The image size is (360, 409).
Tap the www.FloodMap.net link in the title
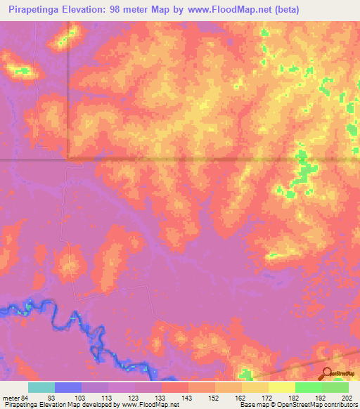[229, 10]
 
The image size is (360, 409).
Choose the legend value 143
[188, 398]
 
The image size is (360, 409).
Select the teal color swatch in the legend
[41, 387]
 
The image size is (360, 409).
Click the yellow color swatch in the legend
[282, 387]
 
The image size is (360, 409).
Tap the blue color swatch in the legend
[68, 387]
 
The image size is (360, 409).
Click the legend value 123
[134, 398]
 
